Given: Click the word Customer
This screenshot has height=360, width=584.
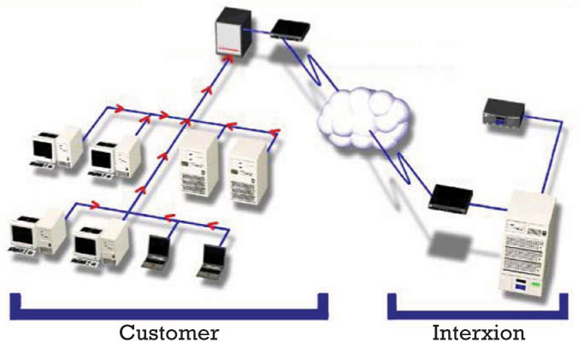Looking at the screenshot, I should [x=168, y=333].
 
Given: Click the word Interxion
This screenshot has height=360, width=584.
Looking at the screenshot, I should [x=479, y=333].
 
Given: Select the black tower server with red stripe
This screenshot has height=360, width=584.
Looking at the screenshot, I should [x=228, y=35].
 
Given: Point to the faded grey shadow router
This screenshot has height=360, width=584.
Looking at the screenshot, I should [x=445, y=244].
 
